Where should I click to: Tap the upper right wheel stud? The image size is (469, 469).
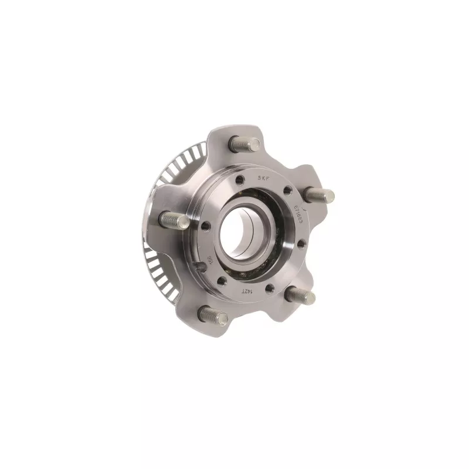tap(320, 196)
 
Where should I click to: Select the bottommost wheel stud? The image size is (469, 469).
tap(212, 315)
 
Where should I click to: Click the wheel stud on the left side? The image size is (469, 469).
tap(173, 220)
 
